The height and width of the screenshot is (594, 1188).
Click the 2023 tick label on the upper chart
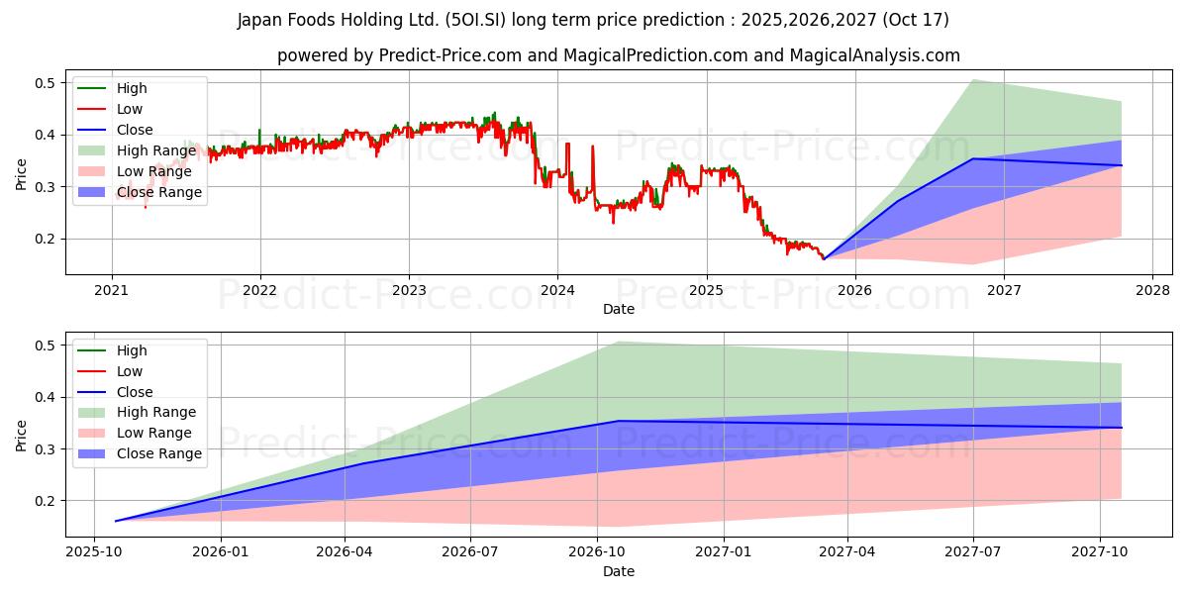(x=409, y=290)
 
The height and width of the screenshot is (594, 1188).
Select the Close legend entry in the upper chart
(x=135, y=130)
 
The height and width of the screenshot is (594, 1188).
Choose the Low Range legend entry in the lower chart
(x=154, y=433)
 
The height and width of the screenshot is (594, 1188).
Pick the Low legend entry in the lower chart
(x=130, y=371)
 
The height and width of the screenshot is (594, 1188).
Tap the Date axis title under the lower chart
(x=619, y=571)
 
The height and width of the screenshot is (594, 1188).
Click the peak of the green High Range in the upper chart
(x=972, y=80)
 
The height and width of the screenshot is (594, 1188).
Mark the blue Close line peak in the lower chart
(x=618, y=421)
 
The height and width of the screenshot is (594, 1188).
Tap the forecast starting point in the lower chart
(x=116, y=521)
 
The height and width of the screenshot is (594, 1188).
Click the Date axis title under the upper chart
(x=619, y=309)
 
